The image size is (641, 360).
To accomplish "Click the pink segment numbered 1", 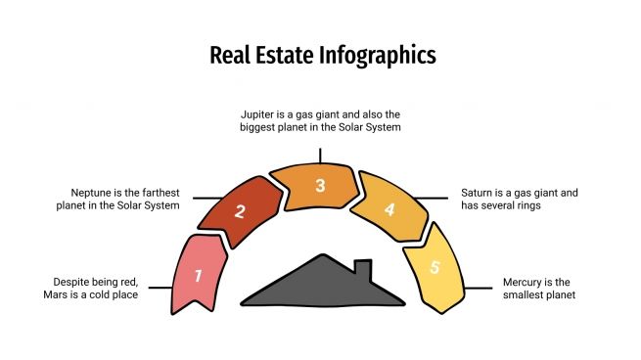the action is tap(198, 275).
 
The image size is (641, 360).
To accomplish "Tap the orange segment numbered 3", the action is tap(320, 186).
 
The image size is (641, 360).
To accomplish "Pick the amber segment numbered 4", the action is tap(389, 209).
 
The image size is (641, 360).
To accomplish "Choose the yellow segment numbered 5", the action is tap(435, 267).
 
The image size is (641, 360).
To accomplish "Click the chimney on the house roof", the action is tap(362, 269).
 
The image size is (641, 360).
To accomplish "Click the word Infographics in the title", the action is tap(377, 55).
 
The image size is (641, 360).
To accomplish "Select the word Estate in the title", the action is tap(286, 55).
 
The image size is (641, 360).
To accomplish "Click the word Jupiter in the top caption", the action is tap(259, 113).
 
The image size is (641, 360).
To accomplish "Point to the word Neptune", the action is tap(92, 192).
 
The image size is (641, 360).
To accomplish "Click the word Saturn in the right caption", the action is tap(481, 192).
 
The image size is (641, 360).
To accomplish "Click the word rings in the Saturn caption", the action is tap(527, 206).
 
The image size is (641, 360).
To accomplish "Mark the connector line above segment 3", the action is tap(320, 156).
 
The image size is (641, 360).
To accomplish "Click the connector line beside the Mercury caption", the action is tap(479, 288).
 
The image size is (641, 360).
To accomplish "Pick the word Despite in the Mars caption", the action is tap(63, 281).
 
